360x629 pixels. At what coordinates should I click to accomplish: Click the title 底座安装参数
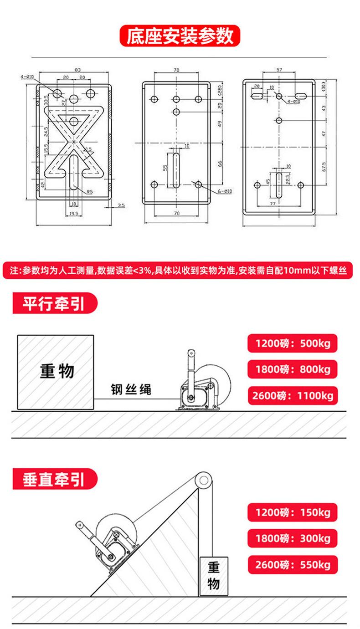[x=180, y=36]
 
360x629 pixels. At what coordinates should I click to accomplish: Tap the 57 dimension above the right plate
[x=279, y=70]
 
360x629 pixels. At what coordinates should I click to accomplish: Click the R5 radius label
[x=89, y=192]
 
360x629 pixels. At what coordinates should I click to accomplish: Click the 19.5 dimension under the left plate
[x=73, y=213]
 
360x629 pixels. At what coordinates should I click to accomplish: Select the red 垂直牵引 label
[x=54, y=479]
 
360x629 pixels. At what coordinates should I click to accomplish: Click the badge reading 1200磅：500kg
[x=292, y=343]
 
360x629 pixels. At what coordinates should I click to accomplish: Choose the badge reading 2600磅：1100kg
[x=292, y=395]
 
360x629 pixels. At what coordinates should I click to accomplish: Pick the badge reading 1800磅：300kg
[x=292, y=538]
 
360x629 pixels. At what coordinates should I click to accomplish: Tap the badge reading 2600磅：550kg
[x=292, y=565]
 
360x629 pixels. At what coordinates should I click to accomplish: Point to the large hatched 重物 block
[x=56, y=372]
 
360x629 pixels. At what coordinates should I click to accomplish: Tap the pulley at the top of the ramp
[x=203, y=480]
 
